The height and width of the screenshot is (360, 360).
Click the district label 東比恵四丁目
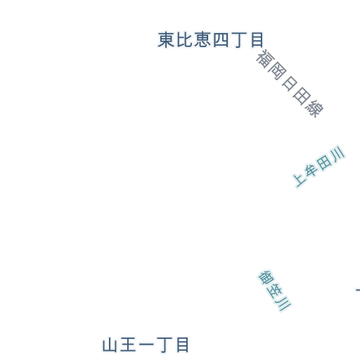211,40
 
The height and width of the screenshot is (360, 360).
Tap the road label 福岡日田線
290,83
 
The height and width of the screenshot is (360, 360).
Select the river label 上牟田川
319,166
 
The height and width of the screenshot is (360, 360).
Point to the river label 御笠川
275,290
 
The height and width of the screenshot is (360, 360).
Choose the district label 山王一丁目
146,345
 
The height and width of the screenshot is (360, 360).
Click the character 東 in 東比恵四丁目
166,40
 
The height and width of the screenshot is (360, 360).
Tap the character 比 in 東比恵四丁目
184,40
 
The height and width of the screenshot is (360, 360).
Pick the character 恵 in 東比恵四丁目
202,40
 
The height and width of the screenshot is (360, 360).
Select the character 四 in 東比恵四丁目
221,40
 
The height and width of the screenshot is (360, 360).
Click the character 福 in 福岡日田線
265,58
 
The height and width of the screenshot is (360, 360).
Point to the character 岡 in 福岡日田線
277,71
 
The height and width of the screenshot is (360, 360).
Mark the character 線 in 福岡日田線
314,108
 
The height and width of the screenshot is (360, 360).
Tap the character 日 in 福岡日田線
290,84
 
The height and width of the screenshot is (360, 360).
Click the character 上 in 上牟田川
300,179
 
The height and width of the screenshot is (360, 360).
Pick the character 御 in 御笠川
266,278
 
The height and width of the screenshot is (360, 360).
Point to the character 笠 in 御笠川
275,290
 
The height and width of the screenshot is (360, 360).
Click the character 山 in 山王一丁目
110,345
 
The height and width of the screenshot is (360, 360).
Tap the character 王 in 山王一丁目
128,345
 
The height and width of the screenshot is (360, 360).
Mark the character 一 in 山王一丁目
146,345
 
